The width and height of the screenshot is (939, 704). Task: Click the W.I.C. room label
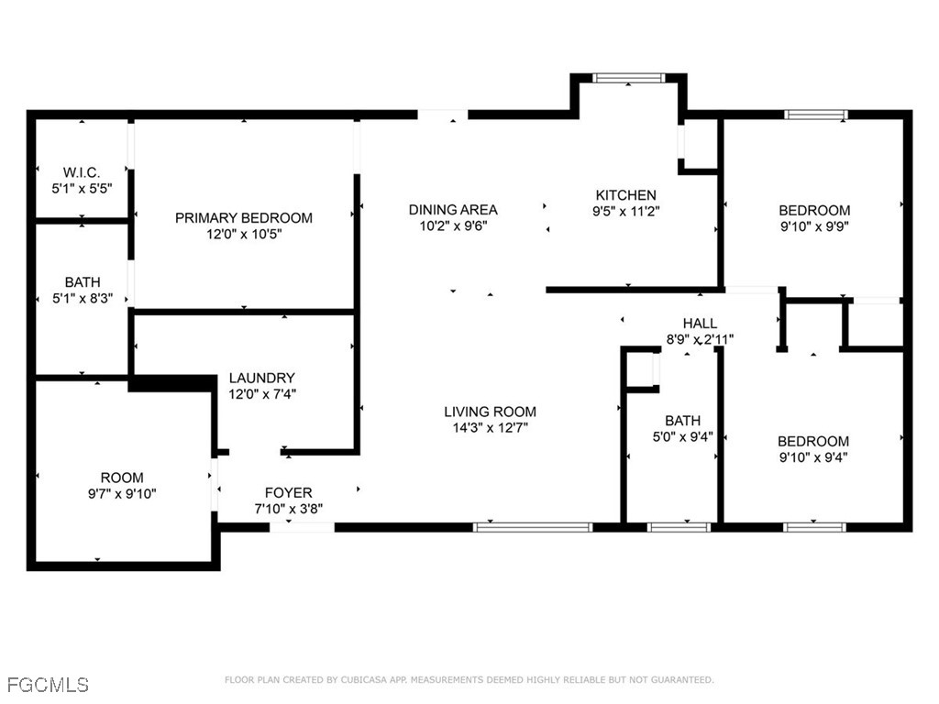pos(82,172)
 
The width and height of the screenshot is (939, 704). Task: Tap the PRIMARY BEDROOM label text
pos(244,218)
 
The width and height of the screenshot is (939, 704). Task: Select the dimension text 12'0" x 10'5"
pos(244,235)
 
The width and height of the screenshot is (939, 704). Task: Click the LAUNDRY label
pos(262,378)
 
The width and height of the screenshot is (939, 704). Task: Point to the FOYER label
pos(288,492)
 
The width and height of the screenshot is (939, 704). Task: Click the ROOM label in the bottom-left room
pos(122,478)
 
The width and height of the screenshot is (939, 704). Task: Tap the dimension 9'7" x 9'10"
pos(122,494)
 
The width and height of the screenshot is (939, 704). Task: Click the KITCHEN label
pos(626,195)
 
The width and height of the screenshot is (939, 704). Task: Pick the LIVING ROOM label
pos(491,412)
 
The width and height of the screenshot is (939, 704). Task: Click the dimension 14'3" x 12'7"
pos(491,427)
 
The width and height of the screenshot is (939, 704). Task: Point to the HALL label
pos(700,324)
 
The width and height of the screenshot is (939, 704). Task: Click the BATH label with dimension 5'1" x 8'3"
pos(83,282)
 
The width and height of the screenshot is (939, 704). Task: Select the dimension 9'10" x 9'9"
pos(814,226)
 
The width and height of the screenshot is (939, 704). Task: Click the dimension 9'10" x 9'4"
pos(814,457)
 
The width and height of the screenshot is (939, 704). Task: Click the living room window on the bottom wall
pos(533,527)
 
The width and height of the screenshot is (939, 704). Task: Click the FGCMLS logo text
pos(48,685)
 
